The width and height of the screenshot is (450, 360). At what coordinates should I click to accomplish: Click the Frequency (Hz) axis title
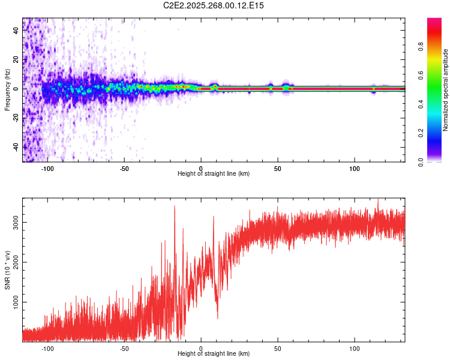coord(7,90)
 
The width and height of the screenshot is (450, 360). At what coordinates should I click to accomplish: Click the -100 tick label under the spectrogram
coord(47,168)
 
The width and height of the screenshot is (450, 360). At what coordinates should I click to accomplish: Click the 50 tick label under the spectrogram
coord(278,168)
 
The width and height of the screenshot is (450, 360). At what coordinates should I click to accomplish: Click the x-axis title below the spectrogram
coord(214,173)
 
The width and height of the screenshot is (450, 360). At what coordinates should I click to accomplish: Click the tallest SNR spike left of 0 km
coord(175,206)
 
